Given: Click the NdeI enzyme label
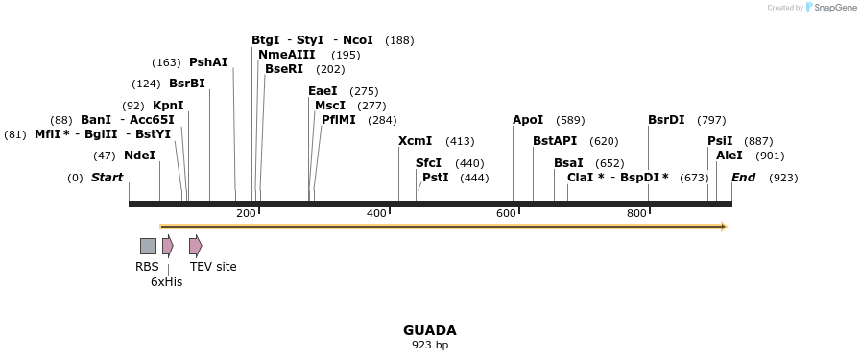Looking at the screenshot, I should pos(139,156).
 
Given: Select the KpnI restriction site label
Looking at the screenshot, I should pos(168,106).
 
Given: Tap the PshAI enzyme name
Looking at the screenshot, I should pos(208,62).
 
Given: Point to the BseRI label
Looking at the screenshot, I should pos(284,69).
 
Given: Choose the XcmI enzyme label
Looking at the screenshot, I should pos(416,141).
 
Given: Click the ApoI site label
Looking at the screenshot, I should pos(528,120).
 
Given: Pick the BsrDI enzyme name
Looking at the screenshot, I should pos(666,120).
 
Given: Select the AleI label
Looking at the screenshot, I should pos(729,156).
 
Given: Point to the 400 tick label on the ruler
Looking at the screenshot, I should pos(376,213).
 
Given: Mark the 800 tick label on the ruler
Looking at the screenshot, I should pos(636,213).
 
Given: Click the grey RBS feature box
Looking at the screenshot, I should pos(148,246).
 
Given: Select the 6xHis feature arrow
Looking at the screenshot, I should pos(167,246).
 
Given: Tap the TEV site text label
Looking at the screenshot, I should pos(213,267).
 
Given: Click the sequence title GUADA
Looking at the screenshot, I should pos(429,330).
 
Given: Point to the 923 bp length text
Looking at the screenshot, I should pos(429,345).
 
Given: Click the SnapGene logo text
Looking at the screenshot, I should pos(834,8).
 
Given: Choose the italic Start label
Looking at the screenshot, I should pos(108,178).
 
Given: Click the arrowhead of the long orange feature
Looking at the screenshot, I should pos(724,227).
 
